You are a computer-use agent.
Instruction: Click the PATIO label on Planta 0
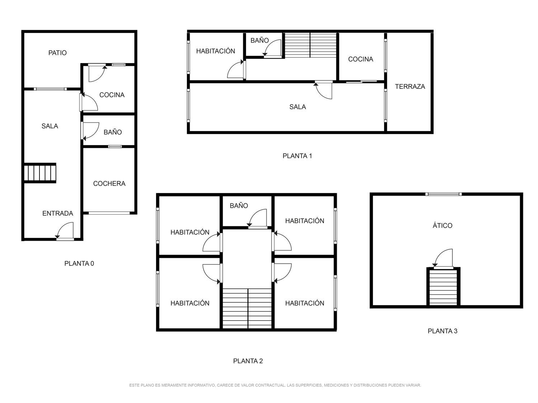pyautogui.click(x=57, y=53)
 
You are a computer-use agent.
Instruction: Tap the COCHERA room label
pyautogui.click(x=109, y=183)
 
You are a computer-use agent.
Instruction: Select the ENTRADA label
pyautogui.click(x=58, y=214)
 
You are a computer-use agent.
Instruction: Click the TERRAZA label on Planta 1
pyautogui.click(x=410, y=87)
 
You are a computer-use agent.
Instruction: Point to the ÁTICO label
pyautogui.click(x=442, y=225)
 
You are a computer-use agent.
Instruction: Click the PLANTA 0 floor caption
pyautogui.click(x=79, y=264)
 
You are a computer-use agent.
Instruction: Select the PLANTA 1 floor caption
pyautogui.click(x=297, y=156)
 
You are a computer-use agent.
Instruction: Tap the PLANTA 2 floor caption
pyautogui.click(x=248, y=361)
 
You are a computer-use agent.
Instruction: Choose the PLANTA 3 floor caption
pyautogui.click(x=442, y=331)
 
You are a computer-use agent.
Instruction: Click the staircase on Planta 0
pyautogui.click(x=40, y=173)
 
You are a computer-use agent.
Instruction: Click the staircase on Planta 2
pyautogui.click(x=247, y=308)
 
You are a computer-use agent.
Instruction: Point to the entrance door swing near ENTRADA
pyautogui.click(x=65, y=230)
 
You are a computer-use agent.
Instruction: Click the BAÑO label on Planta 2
pyautogui.click(x=239, y=206)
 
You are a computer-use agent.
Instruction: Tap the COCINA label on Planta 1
pyautogui.click(x=360, y=59)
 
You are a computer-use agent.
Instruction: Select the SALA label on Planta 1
pyautogui.click(x=298, y=107)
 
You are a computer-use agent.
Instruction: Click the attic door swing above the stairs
pyautogui.click(x=442, y=258)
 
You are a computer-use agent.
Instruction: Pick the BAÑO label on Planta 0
pyautogui.click(x=113, y=133)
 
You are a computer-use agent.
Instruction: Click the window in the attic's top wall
pyautogui.click(x=443, y=194)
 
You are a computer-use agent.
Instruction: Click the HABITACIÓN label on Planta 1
pyautogui.click(x=216, y=51)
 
